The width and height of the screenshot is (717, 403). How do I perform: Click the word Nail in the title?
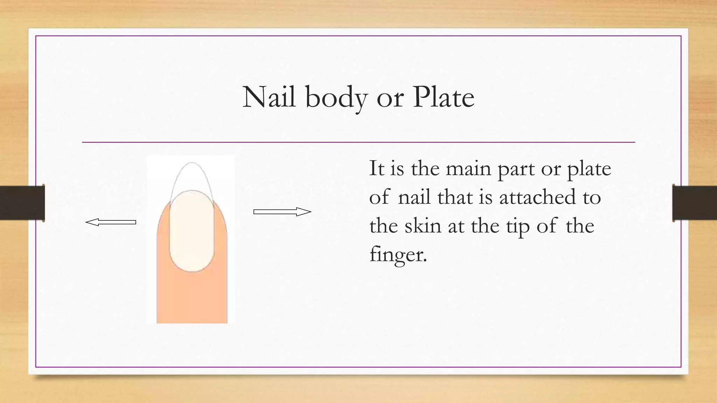coord(269,97)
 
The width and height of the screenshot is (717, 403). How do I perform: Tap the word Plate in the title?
coord(443,97)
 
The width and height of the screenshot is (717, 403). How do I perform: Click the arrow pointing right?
coord(282,212)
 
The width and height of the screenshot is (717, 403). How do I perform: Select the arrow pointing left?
coord(111,222)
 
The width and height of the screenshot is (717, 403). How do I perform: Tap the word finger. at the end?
coord(398,254)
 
